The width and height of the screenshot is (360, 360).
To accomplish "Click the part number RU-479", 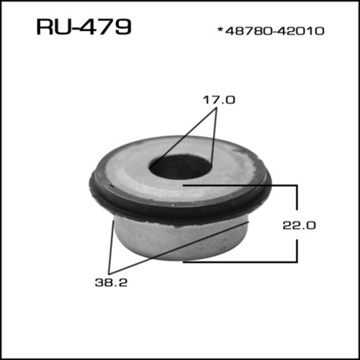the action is [x=84, y=27].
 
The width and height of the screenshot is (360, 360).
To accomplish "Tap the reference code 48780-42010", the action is [x=274, y=31].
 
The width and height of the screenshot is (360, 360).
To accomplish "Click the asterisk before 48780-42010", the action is [x=220, y=30].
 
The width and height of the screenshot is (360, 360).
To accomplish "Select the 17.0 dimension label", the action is [x=219, y=100].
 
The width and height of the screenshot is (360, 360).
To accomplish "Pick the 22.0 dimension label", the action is [x=299, y=225].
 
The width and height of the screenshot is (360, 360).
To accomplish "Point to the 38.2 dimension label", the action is [x=111, y=282].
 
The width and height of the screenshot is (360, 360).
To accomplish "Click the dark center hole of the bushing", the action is [x=179, y=167].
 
